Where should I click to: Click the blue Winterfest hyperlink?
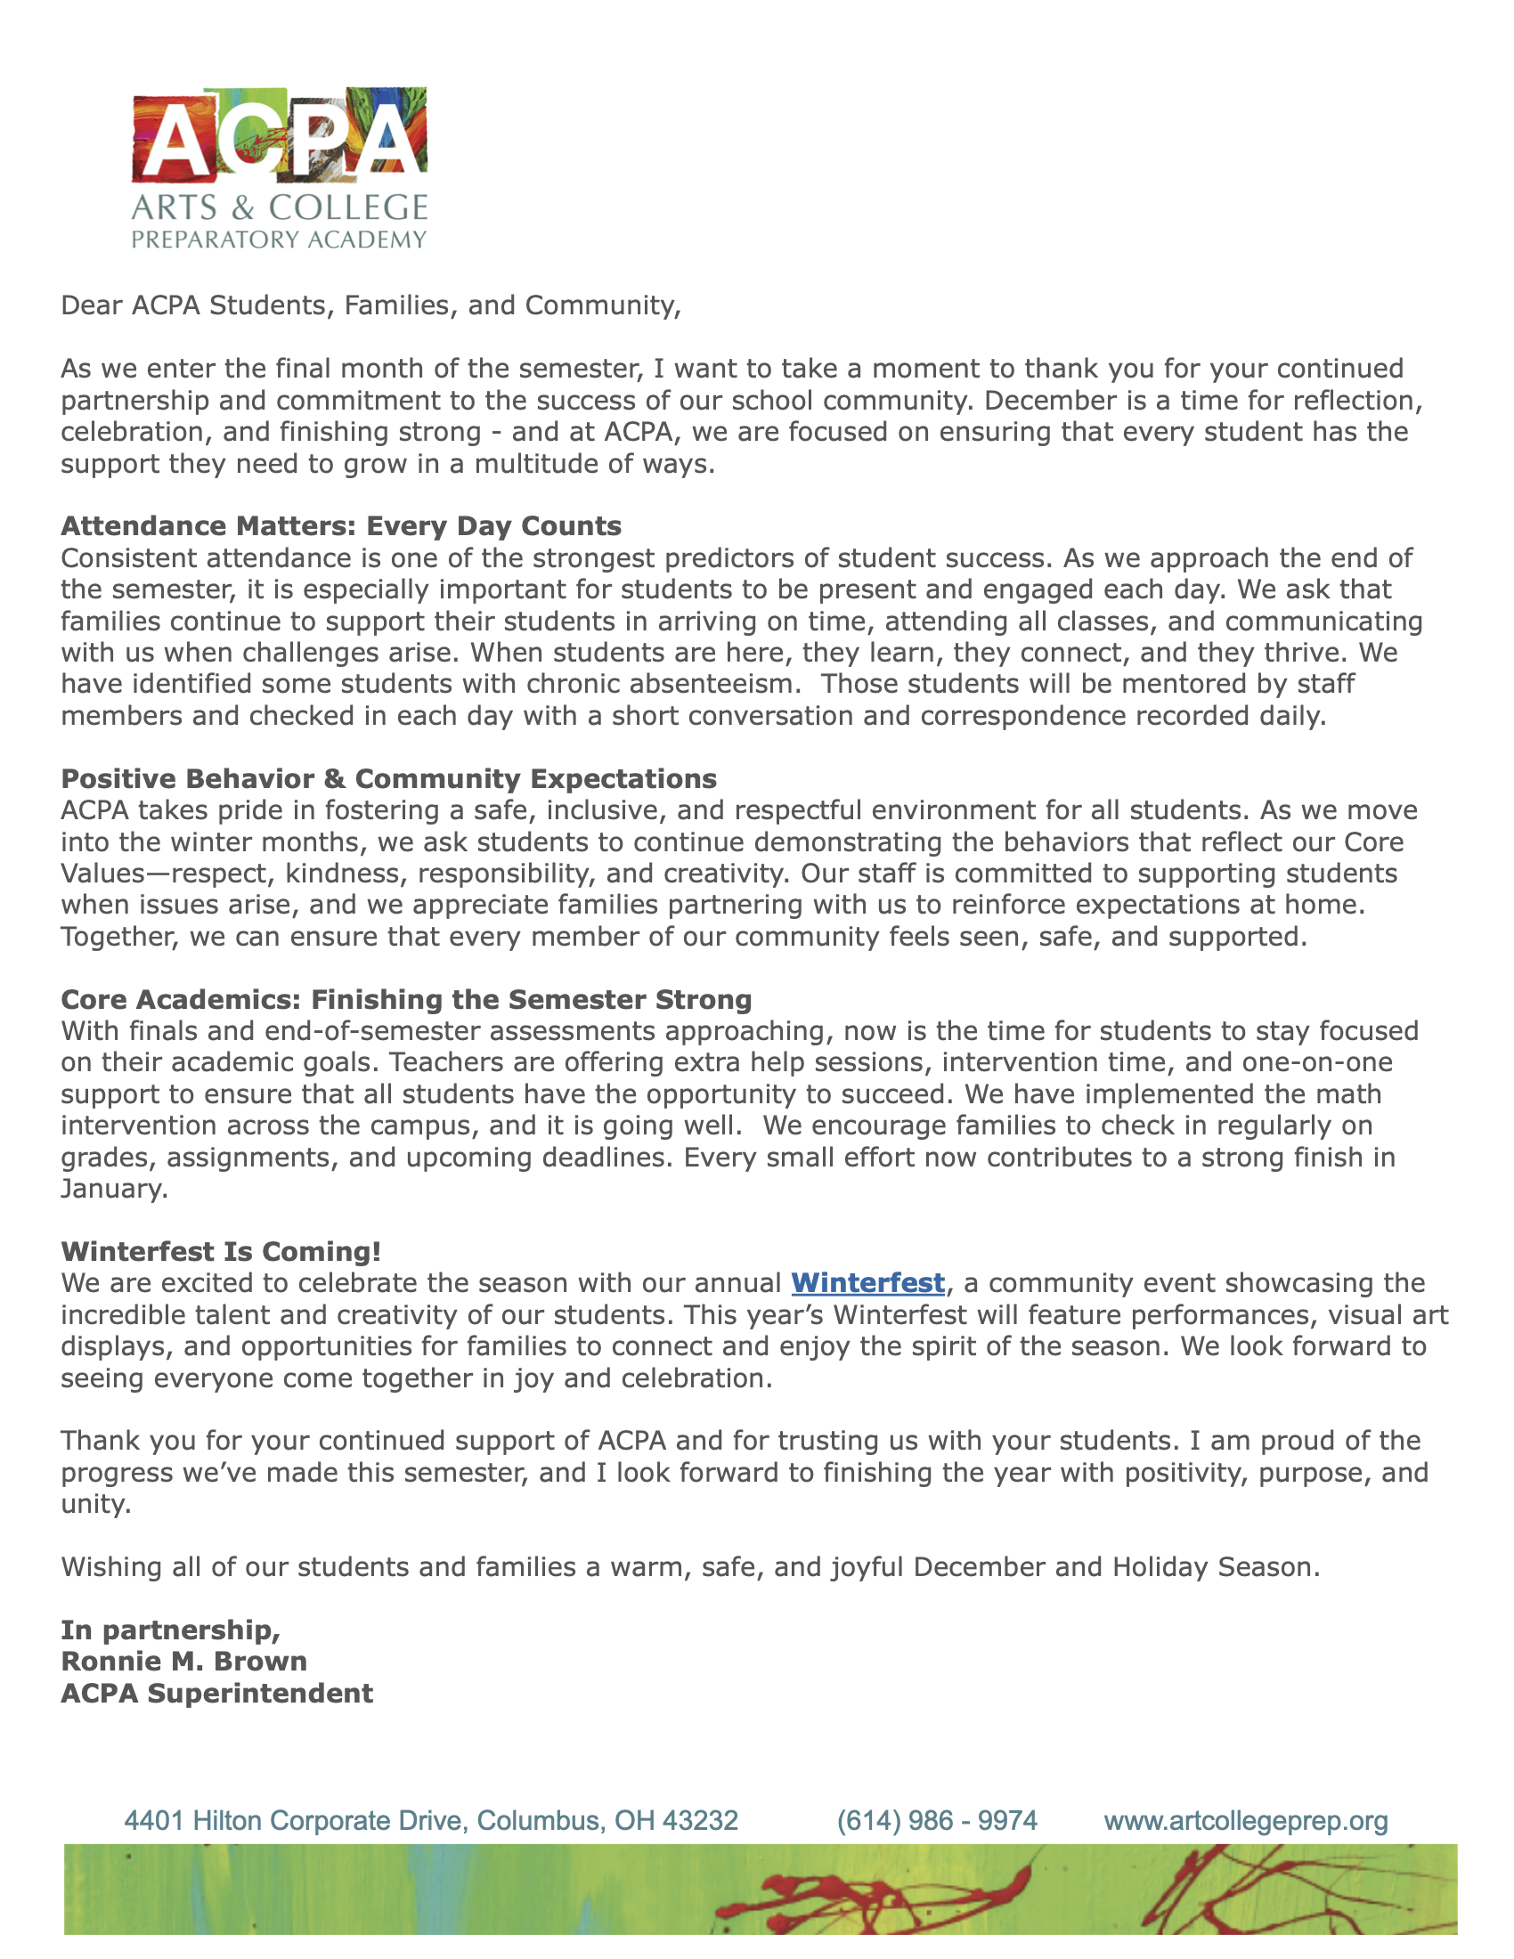pos(867,1282)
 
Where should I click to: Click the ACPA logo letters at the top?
pos(279,134)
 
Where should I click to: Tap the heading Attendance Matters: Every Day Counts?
pos(341,525)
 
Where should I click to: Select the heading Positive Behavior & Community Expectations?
pos(388,778)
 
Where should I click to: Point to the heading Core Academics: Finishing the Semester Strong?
pos(405,999)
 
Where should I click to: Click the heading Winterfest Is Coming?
pos(221,1251)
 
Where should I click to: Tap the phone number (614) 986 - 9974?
pos(936,1820)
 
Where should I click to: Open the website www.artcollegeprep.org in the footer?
pos(1246,1820)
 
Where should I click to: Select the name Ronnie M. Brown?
pos(183,1662)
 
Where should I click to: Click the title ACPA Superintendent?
pos(217,1693)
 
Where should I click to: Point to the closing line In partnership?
pos(170,1630)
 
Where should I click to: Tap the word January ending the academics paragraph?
pos(113,1190)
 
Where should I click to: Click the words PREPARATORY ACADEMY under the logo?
pos(279,240)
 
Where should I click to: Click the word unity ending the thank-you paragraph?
pos(95,1504)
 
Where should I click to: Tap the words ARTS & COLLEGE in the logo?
pos(279,208)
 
